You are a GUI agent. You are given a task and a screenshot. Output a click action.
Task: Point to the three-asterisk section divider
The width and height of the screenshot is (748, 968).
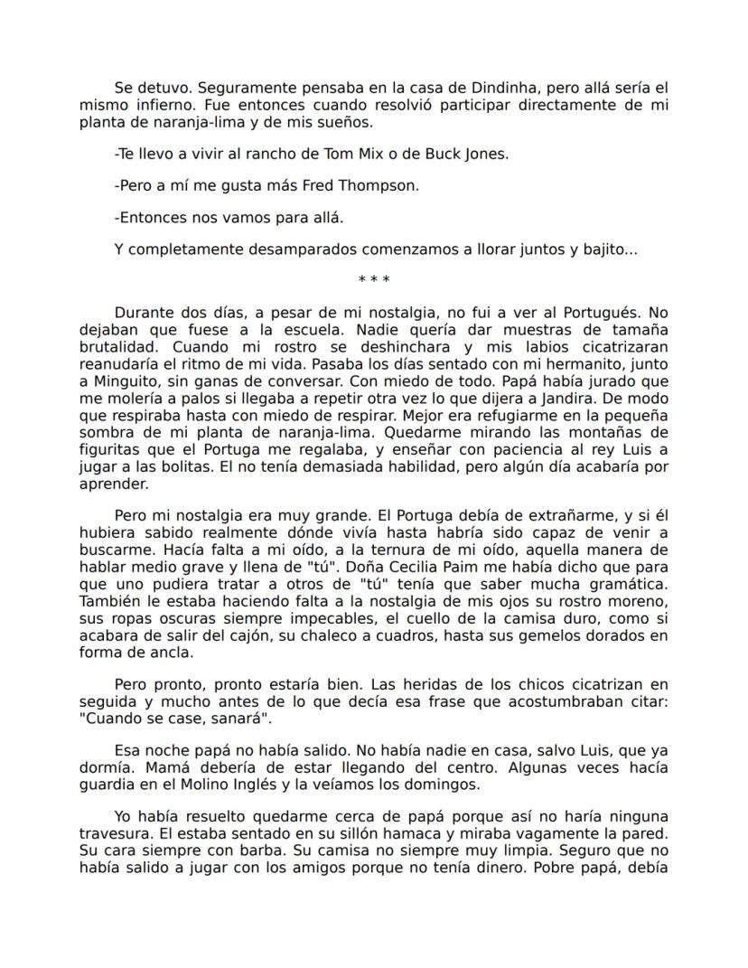coord(373,280)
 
